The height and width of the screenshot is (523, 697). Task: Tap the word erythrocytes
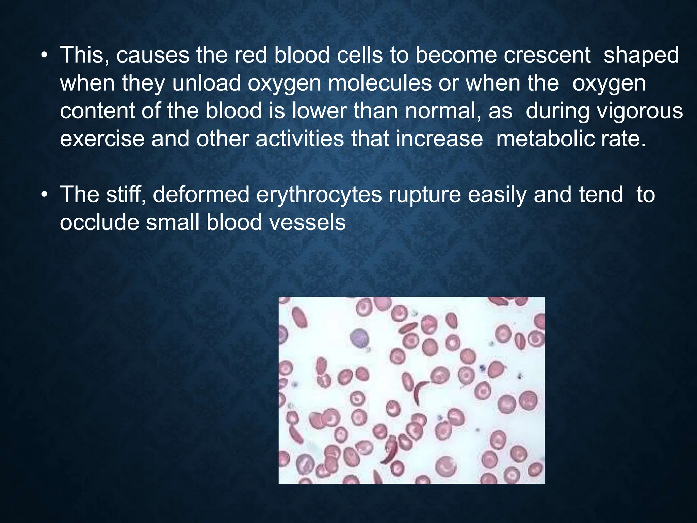pos(319,195)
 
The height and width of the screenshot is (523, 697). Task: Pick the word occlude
pos(99,223)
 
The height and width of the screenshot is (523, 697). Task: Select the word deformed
pos(201,195)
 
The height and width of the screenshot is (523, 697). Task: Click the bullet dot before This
pos(44,56)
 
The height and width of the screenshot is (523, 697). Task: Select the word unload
pos(206,83)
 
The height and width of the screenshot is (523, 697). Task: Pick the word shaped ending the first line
pos(641,56)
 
